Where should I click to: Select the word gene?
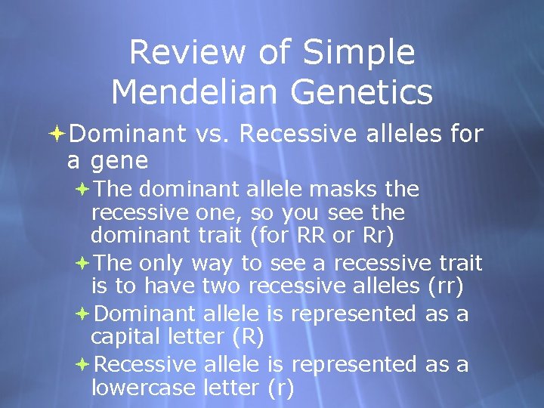[119, 161]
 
